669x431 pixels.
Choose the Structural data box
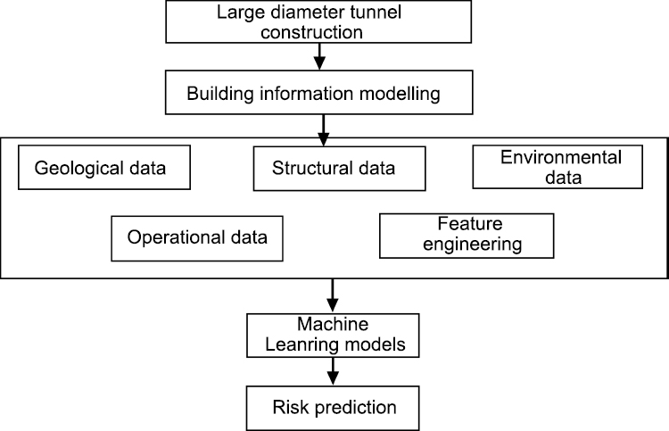click(334, 167)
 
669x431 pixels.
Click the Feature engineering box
click(467, 236)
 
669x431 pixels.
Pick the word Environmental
click(560, 158)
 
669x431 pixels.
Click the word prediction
click(357, 408)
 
